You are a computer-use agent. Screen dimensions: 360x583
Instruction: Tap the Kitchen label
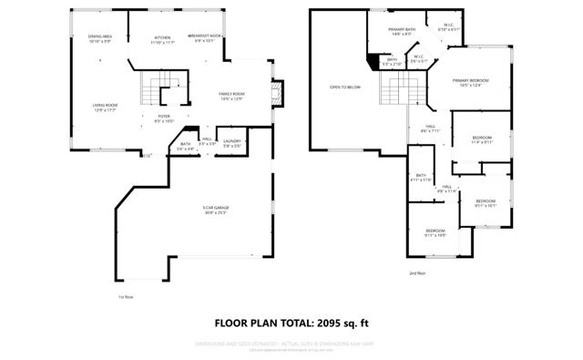click(161, 39)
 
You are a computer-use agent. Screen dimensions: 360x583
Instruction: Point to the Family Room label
click(231, 97)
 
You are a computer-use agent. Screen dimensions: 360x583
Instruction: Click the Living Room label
click(105, 107)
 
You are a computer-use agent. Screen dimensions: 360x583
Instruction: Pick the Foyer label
click(164, 118)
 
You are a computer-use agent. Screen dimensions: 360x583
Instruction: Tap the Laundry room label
click(231, 143)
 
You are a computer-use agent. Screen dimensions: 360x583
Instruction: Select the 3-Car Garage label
click(216, 211)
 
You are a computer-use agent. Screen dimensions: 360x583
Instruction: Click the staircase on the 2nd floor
click(398, 90)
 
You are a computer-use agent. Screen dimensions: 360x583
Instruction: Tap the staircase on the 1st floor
click(151, 91)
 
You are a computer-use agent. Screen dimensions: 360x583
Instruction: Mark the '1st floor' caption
click(126, 297)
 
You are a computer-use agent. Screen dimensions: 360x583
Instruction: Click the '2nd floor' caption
click(416, 273)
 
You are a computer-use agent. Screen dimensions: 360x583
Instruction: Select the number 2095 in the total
click(334, 323)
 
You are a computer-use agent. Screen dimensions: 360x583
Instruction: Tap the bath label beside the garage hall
click(185, 145)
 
